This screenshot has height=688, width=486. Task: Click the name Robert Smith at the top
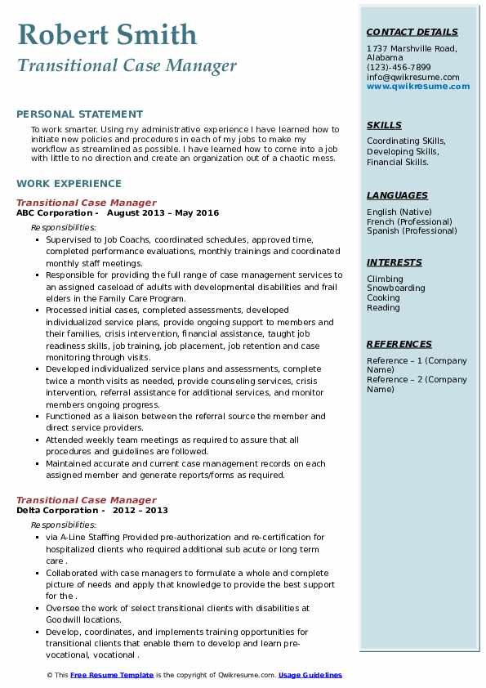tap(107, 34)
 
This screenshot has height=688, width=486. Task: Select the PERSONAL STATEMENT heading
tap(79, 114)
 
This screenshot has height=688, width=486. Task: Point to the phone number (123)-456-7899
tap(399, 68)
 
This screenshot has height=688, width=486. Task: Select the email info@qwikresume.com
tap(412, 78)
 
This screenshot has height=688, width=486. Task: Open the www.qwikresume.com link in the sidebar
tap(412, 87)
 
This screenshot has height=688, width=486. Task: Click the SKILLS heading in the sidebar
tap(384, 126)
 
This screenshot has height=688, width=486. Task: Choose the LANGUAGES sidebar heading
tap(397, 196)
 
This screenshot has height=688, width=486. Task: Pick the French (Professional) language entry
tap(408, 221)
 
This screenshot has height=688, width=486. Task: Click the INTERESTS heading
tap(395, 263)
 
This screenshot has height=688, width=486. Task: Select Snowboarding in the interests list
tap(396, 288)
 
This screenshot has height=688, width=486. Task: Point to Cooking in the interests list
tap(384, 298)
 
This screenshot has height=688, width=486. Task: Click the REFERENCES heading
tap(398, 345)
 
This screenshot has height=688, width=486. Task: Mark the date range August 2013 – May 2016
tap(163, 213)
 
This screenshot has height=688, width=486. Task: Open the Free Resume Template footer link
tap(111, 676)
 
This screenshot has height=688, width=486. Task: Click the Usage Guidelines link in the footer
tap(310, 676)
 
